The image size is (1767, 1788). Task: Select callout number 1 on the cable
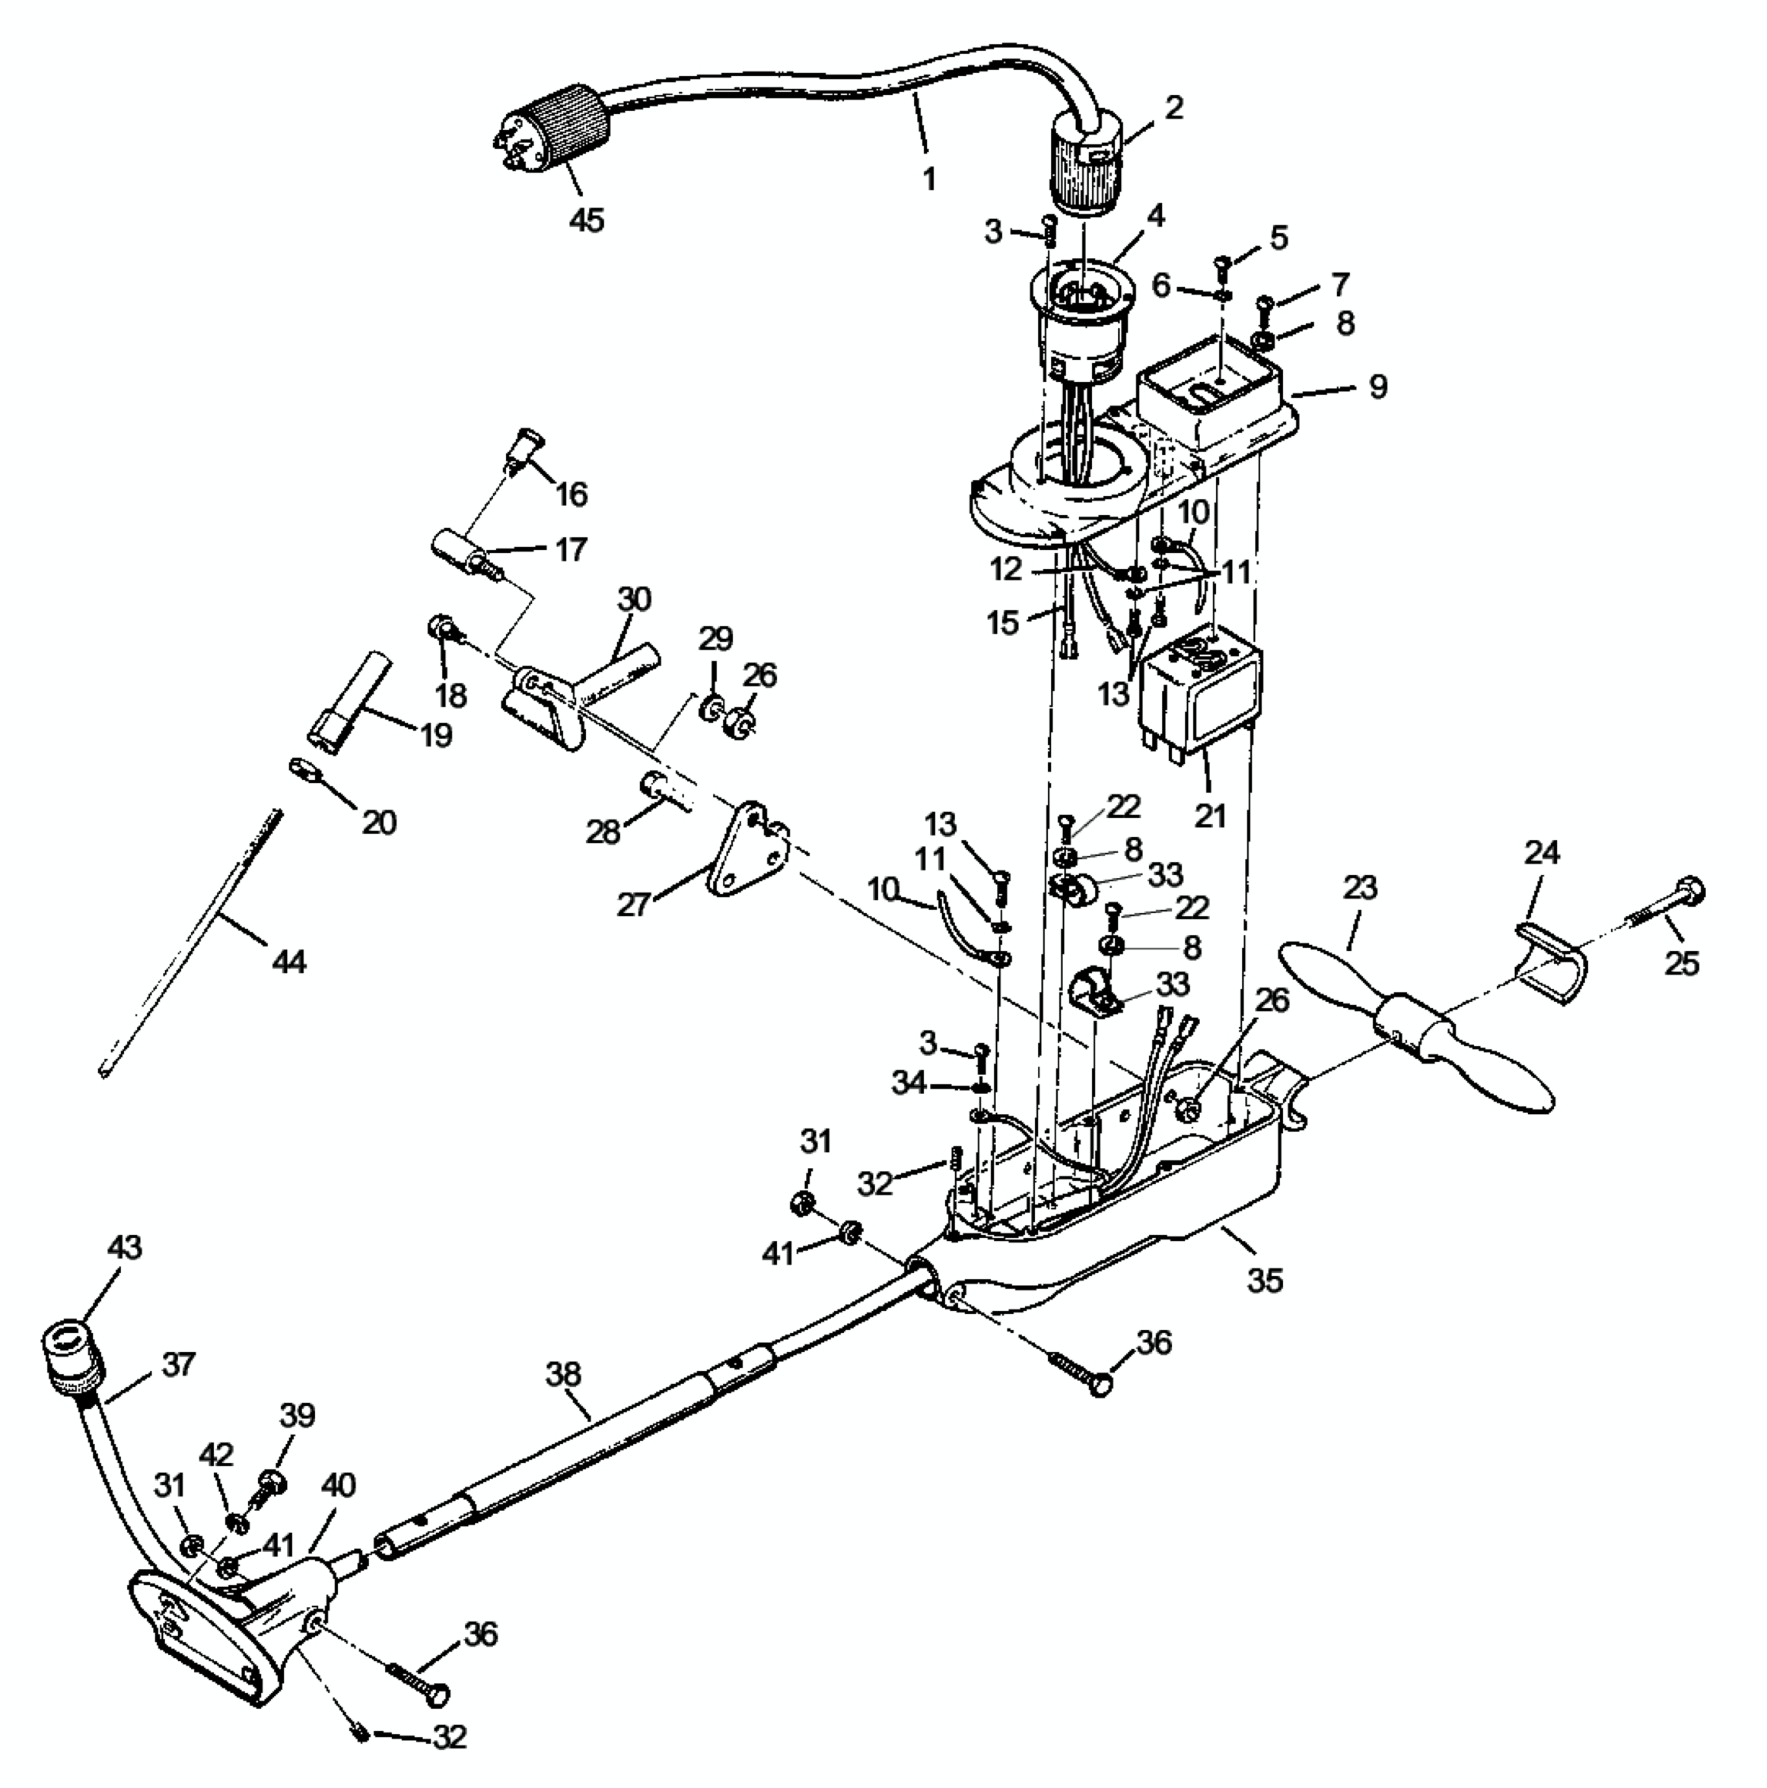[x=929, y=178]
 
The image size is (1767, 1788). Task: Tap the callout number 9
[x=1377, y=387]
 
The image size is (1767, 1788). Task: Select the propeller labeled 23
[x=1415, y=1027]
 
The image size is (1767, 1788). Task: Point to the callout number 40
[x=338, y=1485]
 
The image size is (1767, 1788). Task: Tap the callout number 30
[x=634, y=599]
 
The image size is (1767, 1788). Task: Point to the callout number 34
[x=909, y=1082]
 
